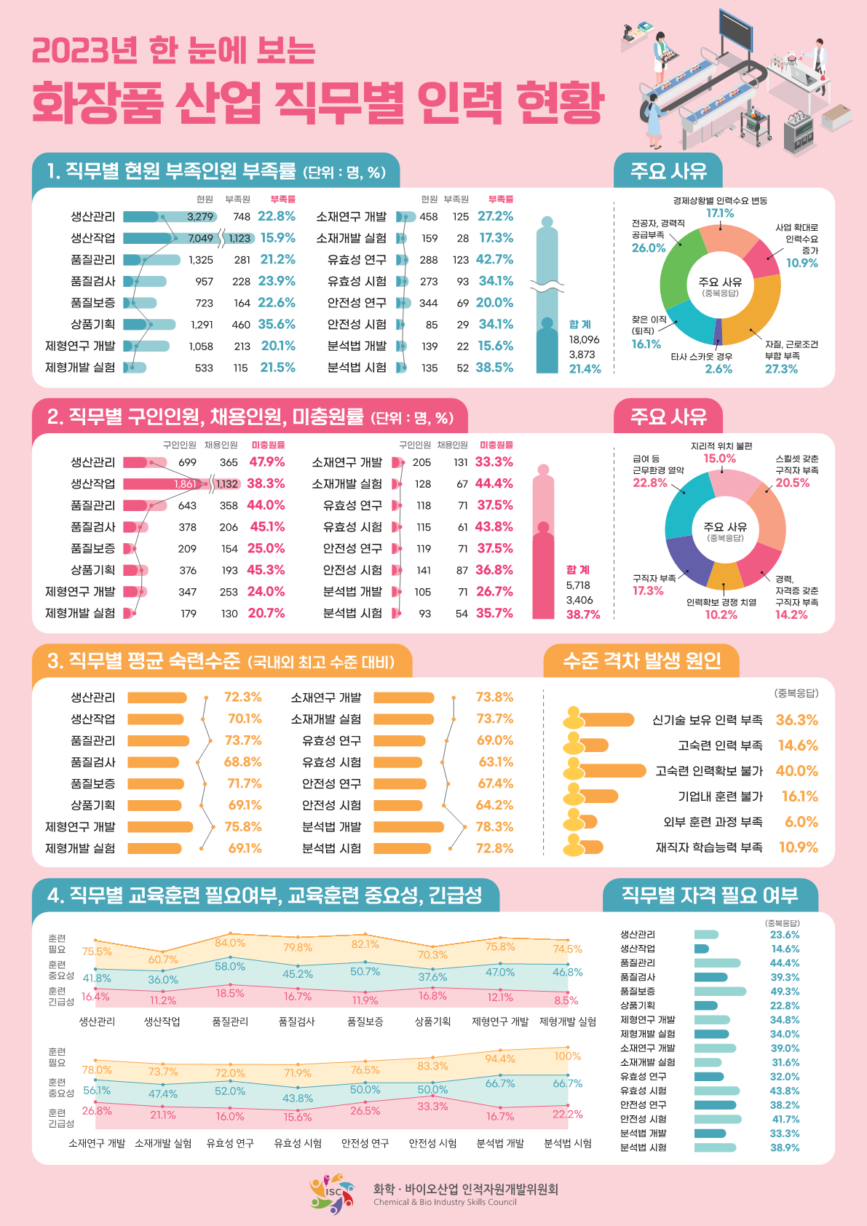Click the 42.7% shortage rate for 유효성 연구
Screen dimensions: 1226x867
pos(494,259)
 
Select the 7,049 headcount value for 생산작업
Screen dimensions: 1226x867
pos(201,238)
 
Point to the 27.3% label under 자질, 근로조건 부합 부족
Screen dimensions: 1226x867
pos(781,369)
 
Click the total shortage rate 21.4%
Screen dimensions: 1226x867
pos(585,369)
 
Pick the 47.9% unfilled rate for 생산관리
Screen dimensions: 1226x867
pos(267,462)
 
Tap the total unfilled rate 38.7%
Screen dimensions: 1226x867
pos(583,614)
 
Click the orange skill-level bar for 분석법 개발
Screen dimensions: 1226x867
pos(408,827)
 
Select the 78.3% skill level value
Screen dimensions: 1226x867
pos(494,827)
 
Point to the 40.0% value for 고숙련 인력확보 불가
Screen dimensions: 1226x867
pos(796,771)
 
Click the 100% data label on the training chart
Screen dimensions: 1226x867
pos(568,1056)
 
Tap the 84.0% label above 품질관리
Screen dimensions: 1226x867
pos(230,943)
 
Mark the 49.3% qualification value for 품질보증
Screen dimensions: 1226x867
pos(785,992)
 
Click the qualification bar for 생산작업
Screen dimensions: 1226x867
pos(702,949)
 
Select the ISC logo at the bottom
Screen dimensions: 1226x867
pos(332,1193)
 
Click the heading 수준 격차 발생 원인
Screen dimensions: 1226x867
pos(641,661)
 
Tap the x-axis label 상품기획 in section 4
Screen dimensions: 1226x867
pos(432,1021)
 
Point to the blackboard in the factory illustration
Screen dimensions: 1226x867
pos(735,28)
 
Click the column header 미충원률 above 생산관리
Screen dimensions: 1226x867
pos(268,445)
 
